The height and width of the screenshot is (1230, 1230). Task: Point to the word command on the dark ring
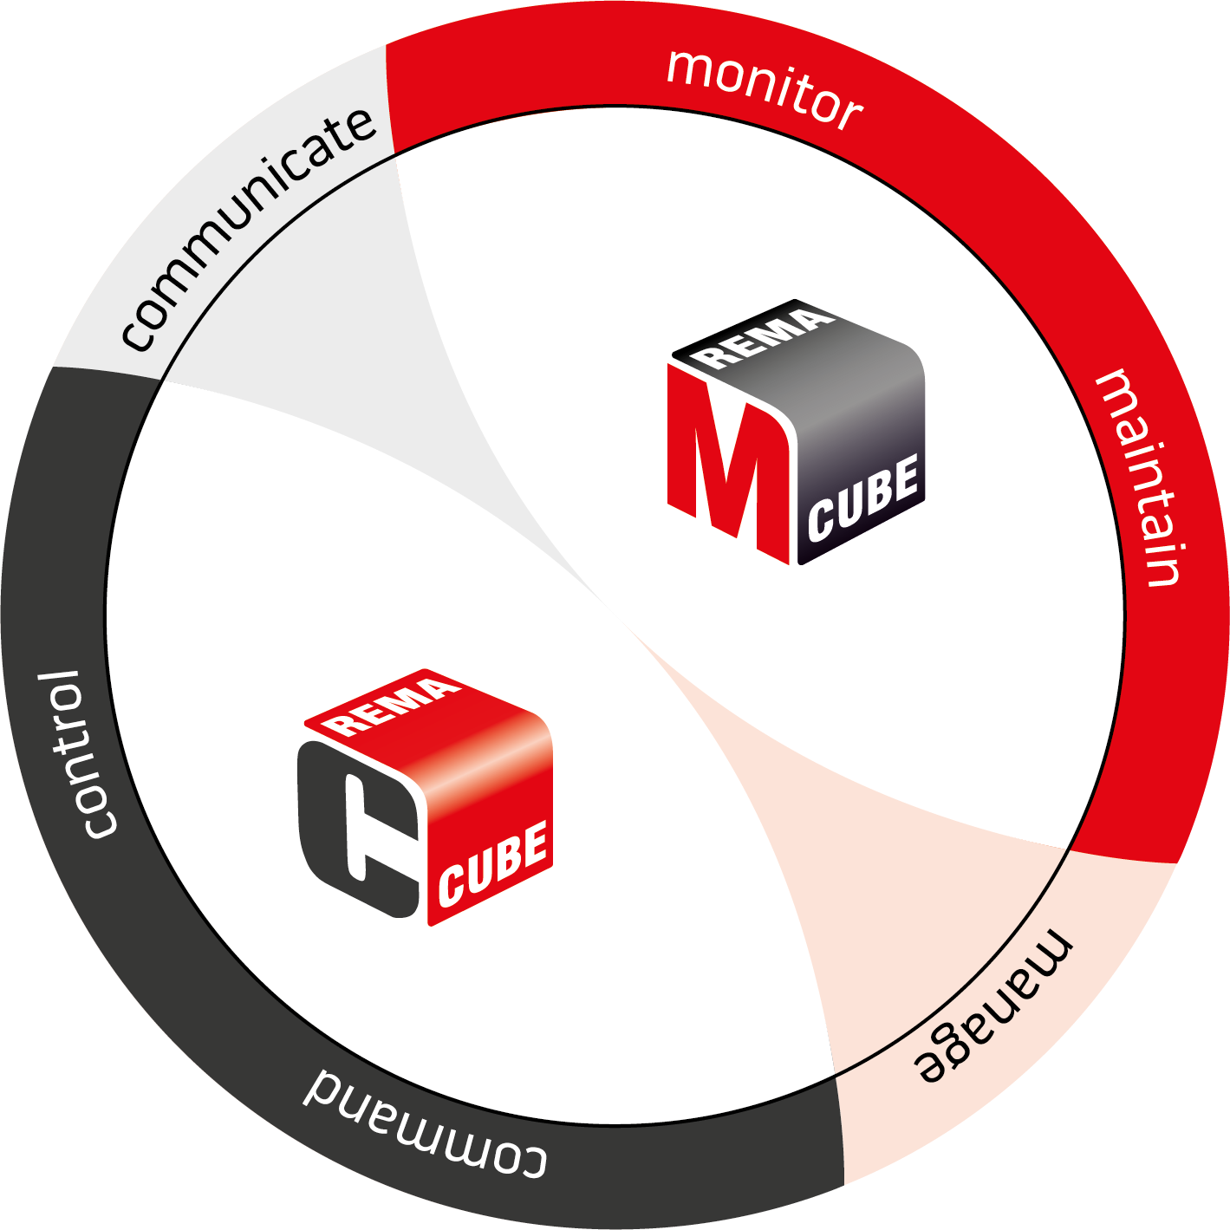(425, 1123)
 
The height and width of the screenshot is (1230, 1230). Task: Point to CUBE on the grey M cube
(863, 498)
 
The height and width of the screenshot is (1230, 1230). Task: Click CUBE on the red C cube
(494, 862)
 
